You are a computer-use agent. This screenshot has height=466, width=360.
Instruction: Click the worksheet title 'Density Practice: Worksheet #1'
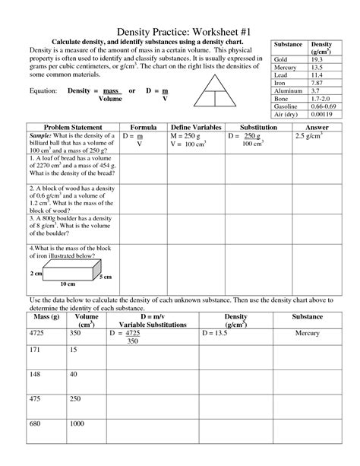pyautogui.click(x=180, y=25)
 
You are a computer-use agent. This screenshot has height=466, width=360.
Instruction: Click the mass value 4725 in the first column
pyautogui.click(x=39, y=333)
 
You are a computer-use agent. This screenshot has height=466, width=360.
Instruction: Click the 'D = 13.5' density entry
pyautogui.click(x=219, y=333)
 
